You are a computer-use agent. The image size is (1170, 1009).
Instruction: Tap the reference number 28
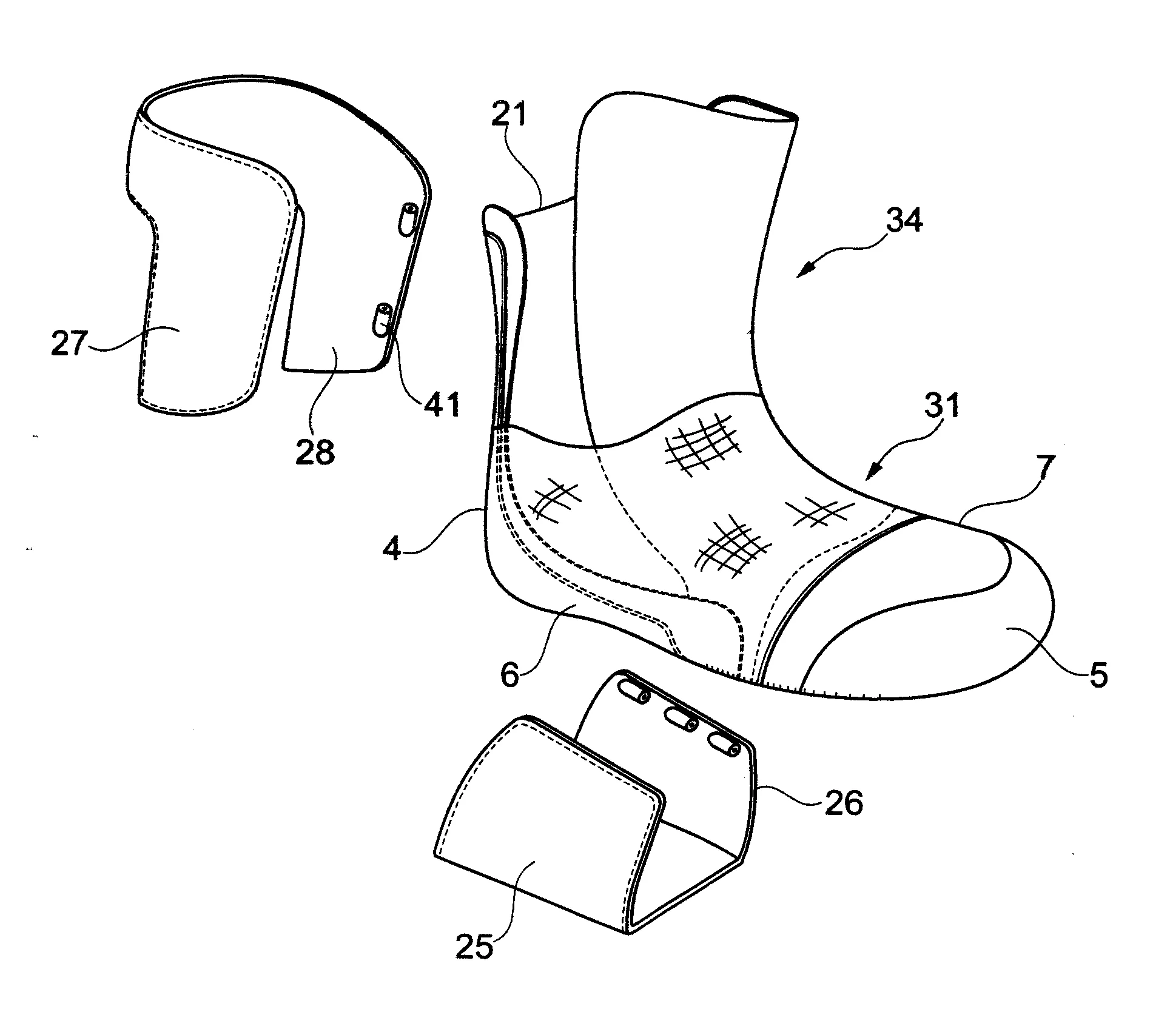click(x=315, y=451)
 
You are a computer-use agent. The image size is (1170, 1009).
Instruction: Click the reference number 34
click(x=904, y=222)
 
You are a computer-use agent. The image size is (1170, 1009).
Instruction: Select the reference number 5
click(x=1098, y=674)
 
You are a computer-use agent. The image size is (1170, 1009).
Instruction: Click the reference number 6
click(x=510, y=675)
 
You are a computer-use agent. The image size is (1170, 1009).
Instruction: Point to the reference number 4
click(x=393, y=549)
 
